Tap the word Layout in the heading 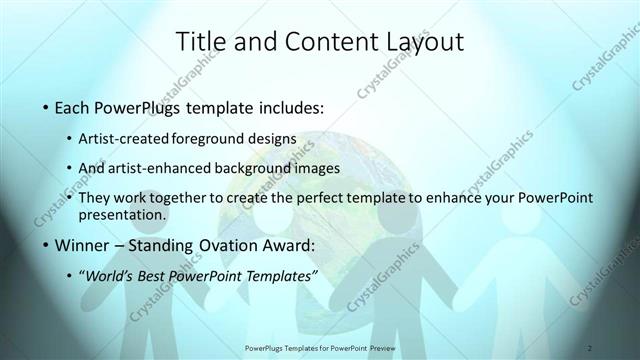pyautogui.click(x=417, y=42)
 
